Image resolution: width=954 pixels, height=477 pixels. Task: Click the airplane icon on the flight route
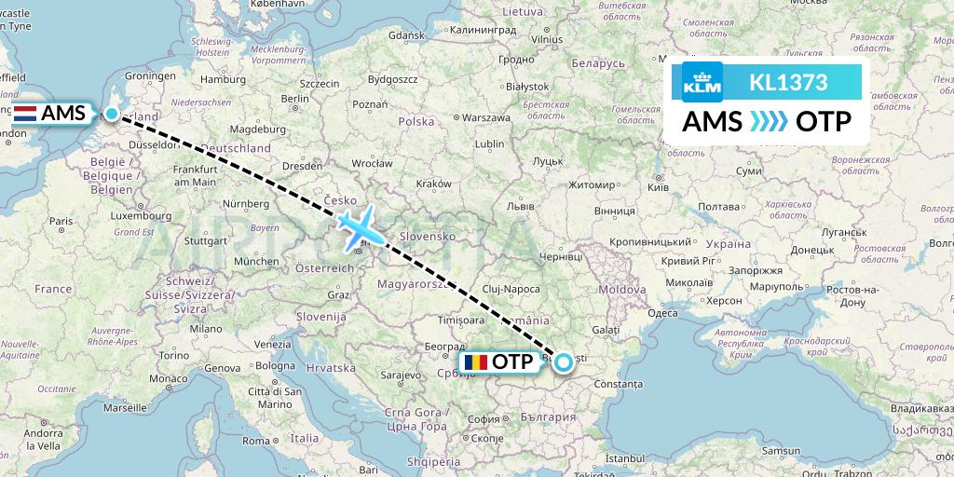tap(356, 225)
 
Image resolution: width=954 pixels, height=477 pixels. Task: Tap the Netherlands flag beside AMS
tap(25, 115)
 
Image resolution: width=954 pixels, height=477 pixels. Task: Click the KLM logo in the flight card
tap(702, 82)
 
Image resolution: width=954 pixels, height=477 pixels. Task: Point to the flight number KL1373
tap(788, 82)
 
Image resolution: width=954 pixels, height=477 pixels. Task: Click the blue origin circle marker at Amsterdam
tap(112, 115)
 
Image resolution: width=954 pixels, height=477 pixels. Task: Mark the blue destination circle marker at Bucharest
tap(563, 361)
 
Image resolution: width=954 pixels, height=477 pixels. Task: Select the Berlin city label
tap(295, 98)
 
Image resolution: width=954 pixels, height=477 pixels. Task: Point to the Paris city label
tap(61, 221)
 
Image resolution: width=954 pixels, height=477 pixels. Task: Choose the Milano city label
tap(199, 329)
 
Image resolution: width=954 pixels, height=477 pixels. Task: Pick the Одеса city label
tap(662, 313)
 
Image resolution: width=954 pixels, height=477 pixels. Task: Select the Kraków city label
tap(433, 184)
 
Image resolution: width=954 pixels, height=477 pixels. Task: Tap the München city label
tap(255, 262)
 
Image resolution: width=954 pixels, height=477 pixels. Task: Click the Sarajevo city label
tap(402, 375)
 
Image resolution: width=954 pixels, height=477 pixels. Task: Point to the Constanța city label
tap(620, 383)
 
